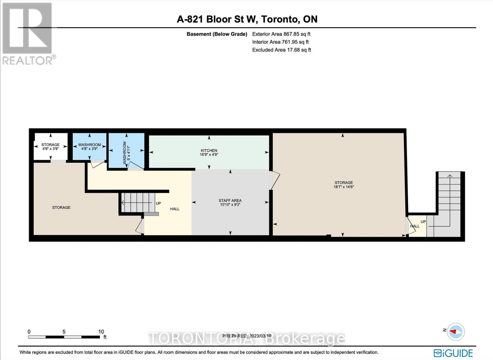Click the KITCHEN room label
209,150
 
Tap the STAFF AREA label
230,200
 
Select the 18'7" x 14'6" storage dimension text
344,187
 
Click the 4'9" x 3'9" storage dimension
51,149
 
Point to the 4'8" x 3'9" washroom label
89,149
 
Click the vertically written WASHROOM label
124,153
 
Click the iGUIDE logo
453,353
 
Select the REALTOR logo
28,34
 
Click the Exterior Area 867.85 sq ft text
281,34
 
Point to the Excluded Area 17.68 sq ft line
282,50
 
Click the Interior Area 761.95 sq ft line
280,42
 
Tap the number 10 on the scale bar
101,332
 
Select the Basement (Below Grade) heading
217,34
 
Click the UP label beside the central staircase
158,204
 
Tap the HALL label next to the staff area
175,209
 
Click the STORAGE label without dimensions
61,207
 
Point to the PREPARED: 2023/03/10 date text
247,336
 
